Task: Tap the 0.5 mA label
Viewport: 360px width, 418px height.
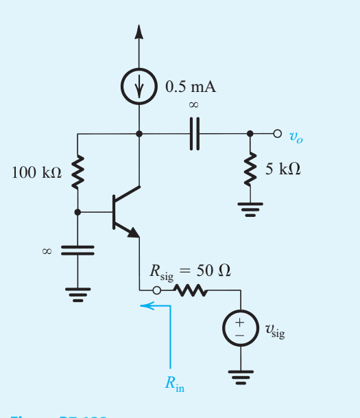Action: click(x=191, y=86)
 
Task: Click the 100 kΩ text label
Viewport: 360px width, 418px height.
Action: click(x=37, y=173)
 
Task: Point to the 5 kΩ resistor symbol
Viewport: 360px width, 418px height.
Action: click(x=250, y=169)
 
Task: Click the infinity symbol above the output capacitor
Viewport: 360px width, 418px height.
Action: click(x=193, y=105)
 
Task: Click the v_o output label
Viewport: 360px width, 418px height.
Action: click(x=295, y=137)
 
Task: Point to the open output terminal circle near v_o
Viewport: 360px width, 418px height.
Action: click(x=277, y=133)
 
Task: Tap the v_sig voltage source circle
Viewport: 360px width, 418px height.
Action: click(x=241, y=329)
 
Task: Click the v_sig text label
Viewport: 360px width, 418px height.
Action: click(x=274, y=332)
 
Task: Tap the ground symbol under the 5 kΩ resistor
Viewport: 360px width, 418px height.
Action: click(x=250, y=209)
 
